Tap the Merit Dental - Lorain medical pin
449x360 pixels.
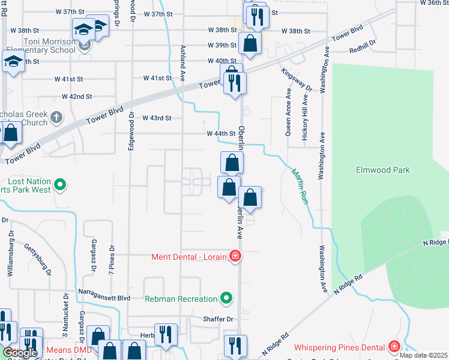pyautogui.click(x=235, y=257)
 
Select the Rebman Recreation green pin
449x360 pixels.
pyautogui.click(x=226, y=298)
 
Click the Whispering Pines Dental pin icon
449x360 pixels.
pyautogui.click(x=394, y=347)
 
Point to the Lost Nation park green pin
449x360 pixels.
pyautogui.click(x=60, y=185)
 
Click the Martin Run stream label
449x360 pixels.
pyautogui.click(x=300, y=187)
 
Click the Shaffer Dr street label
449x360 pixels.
pyautogui.click(x=217, y=319)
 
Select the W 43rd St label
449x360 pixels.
pyautogui.click(x=157, y=118)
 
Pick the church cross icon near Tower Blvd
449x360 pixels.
pyautogui.click(x=56, y=116)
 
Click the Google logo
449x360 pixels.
pyautogui.click(x=20, y=353)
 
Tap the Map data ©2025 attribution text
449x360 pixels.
pyautogui.click(x=423, y=355)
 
